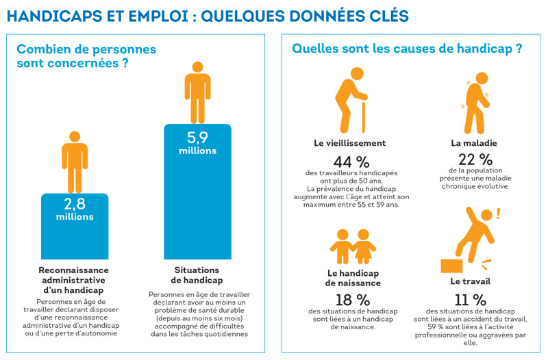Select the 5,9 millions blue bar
[x=197, y=192]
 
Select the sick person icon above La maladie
[x=475, y=99]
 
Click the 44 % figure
[x=350, y=162]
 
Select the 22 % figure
[x=473, y=159]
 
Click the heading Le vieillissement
[x=349, y=144]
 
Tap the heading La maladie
[x=473, y=144]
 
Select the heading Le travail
[x=469, y=281]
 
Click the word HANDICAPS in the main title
[x=48, y=14]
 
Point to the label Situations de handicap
[x=198, y=275]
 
